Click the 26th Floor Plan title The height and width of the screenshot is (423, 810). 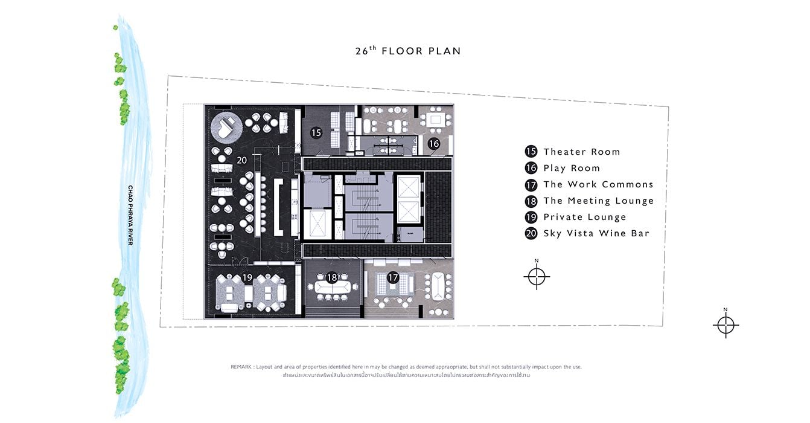tap(408, 51)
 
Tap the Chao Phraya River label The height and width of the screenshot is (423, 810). tap(130, 215)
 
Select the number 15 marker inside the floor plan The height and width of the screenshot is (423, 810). tap(316, 133)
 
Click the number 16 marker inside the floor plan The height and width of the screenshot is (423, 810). tap(433, 144)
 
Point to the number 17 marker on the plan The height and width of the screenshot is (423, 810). tap(393, 278)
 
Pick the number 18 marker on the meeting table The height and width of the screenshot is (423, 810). tap(331, 278)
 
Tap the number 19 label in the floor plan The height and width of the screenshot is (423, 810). tap(247, 278)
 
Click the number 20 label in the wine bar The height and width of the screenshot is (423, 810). tap(241, 160)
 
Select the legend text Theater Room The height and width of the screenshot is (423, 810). tap(581, 152)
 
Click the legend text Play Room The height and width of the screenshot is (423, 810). tap(572, 168)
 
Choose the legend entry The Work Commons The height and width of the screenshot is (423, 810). tap(599, 184)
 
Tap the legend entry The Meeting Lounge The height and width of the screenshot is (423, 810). tap(599, 201)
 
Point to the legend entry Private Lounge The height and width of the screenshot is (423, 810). tap(585, 217)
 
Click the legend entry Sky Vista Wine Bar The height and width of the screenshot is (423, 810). tap(596, 233)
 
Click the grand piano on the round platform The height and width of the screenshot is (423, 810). tap(226, 126)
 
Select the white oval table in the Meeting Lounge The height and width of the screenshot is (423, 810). tap(333, 288)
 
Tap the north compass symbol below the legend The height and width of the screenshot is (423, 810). tap(537, 276)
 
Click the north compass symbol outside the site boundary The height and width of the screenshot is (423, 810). tap(725, 325)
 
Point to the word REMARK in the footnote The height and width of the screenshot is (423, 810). tap(241, 367)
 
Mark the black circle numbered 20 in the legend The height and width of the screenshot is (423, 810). tap(531, 233)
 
